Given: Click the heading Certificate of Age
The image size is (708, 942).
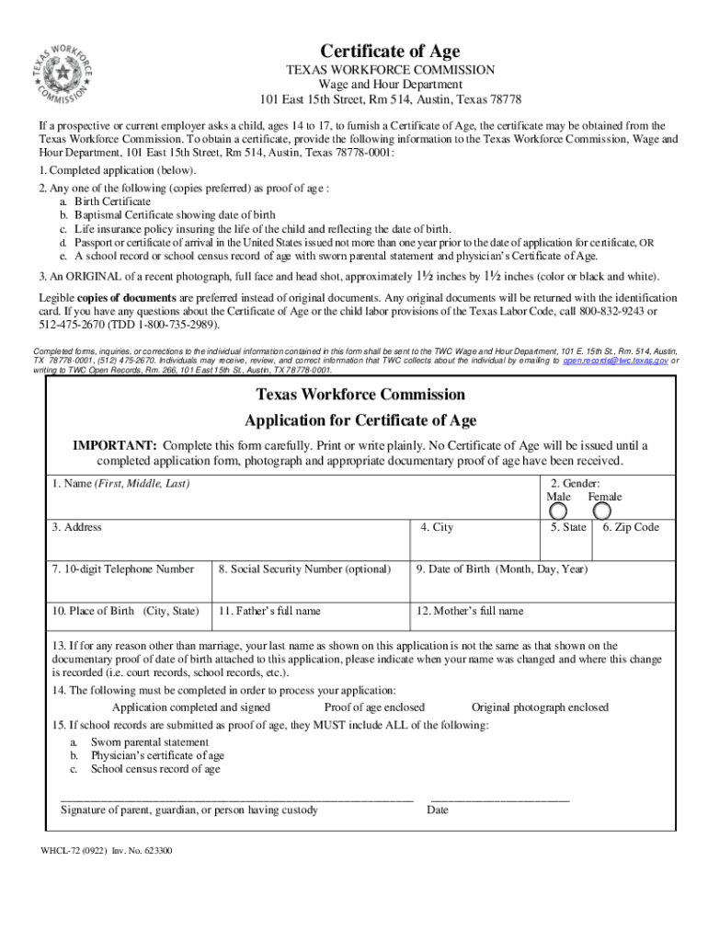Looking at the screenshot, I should click(390, 52).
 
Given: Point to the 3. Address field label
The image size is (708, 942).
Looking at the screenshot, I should click(77, 527).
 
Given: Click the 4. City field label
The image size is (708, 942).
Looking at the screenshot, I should click(437, 528).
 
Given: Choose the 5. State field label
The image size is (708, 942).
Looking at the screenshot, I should click(568, 528).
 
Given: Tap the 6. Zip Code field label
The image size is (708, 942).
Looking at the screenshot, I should click(631, 528).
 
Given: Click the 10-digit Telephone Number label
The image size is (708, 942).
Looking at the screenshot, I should click(123, 569).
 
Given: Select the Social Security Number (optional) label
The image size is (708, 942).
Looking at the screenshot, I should click(304, 569).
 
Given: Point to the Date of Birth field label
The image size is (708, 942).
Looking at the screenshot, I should click(501, 569).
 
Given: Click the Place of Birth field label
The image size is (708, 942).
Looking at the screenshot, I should click(125, 611).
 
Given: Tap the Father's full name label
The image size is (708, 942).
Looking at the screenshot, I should click(269, 611).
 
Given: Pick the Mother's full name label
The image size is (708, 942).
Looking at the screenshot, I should click(470, 611).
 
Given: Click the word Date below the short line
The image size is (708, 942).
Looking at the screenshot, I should click(438, 810).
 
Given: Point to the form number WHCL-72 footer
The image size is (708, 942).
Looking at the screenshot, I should click(106, 851).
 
